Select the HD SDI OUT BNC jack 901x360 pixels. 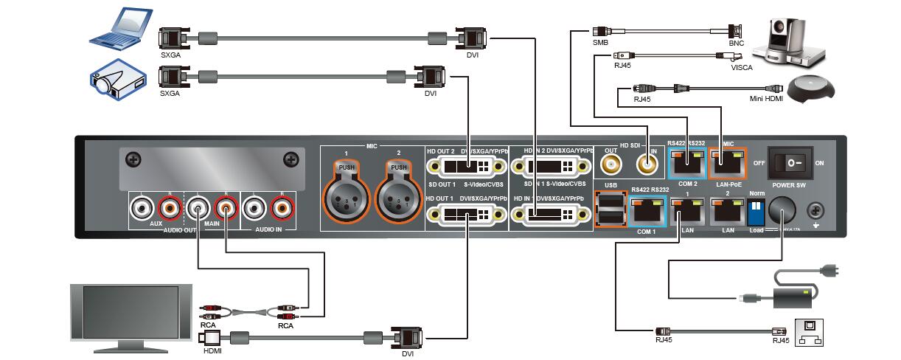[x=610, y=163]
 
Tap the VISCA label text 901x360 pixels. [x=741, y=68]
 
